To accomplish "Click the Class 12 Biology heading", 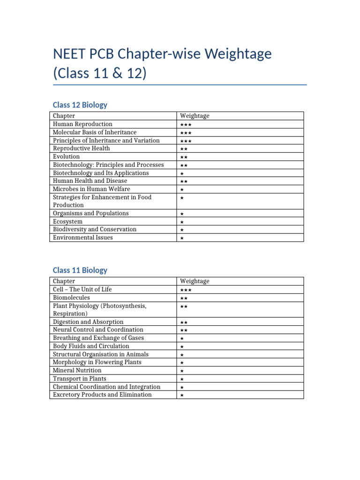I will click(x=80, y=105).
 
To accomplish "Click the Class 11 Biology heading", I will click(x=80, y=270).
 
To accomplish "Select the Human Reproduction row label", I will click(x=82, y=124).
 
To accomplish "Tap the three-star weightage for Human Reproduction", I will click(x=185, y=125).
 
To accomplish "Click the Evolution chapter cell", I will click(x=66, y=157).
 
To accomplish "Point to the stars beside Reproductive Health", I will click(x=184, y=149).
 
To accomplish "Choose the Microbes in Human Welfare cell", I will click(x=91, y=189).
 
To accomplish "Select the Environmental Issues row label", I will click(x=83, y=238).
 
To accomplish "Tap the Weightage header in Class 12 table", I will click(x=195, y=116).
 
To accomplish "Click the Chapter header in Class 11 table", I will click(x=64, y=281).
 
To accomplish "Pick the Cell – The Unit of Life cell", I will click(x=82, y=290).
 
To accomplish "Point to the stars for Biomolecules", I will click(x=184, y=298).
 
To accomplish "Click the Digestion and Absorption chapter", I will click(x=88, y=322).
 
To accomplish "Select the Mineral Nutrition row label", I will click(x=77, y=370).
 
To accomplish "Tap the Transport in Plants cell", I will click(x=80, y=379).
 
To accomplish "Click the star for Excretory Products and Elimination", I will click(x=182, y=396).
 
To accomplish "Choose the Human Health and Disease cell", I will click(x=90, y=181).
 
